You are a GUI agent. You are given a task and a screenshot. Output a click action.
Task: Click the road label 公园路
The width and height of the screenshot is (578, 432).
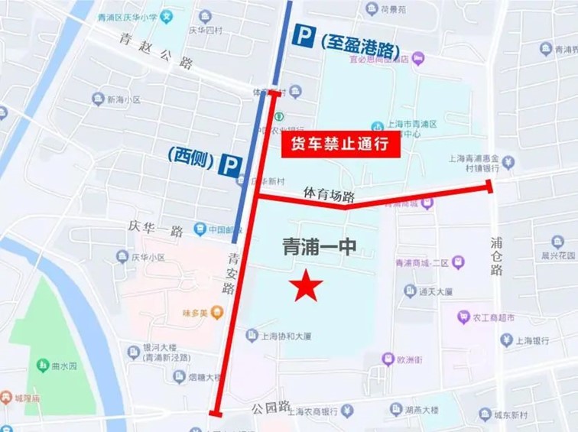coord(271,405)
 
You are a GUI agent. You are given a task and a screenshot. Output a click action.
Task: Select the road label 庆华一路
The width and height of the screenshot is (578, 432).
coord(156,229)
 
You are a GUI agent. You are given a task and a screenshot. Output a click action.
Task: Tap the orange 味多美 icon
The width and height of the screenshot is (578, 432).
coord(217,311)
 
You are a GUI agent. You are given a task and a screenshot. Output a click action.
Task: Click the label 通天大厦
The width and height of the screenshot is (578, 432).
coord(437,291)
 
